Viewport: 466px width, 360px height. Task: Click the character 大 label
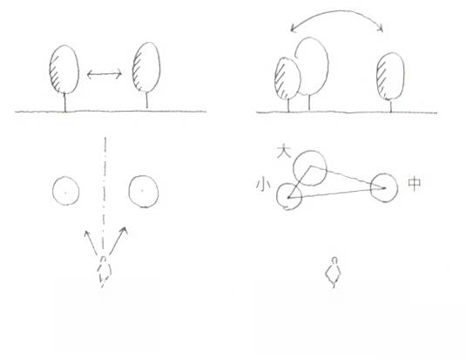click(x=284, y=152)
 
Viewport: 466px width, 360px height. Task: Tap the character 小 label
click(x=263, y=184)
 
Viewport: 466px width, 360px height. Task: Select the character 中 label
click(x=415, y=183)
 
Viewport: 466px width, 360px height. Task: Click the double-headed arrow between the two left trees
click(x=105, y=74)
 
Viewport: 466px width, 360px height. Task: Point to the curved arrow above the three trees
click(x=337, y=12)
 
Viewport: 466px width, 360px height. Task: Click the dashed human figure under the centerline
click(x=104, y=270)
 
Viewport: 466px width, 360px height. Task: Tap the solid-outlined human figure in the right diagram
click(x=334, y=272)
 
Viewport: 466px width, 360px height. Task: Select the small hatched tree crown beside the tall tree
click(x=287, y=78)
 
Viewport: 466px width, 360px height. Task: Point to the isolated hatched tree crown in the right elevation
click(x=390, y=76)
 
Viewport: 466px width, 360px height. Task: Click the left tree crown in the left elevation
click(x=64, y=70)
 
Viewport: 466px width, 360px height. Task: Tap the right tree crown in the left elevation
click(x=146, y=67)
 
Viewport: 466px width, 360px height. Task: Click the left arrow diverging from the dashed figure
click(x=91, y=243)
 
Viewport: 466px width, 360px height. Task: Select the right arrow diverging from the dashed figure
click(x=118, y=241)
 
